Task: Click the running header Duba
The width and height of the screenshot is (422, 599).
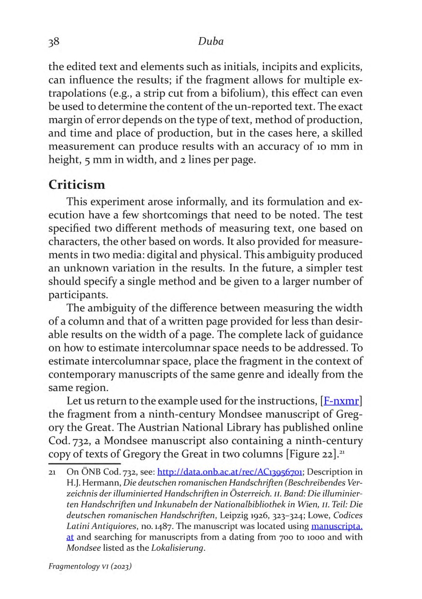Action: pos(211,42)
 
